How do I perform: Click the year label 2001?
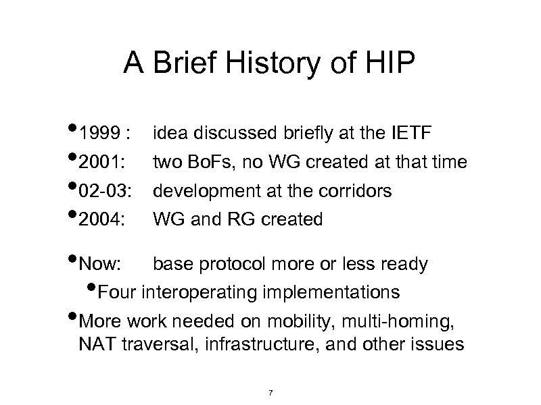[101, 163]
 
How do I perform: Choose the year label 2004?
[101, 219]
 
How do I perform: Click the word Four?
[118, 292]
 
